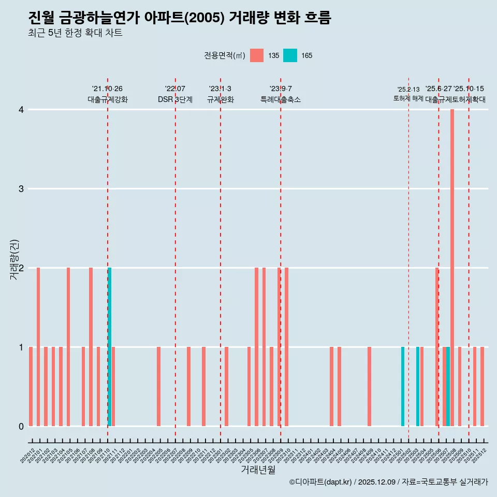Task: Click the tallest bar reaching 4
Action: point(452,268)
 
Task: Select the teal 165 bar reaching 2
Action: point(110,347)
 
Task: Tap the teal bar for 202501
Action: point(403,386)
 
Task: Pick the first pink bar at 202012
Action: point(31,386)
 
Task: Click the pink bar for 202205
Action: point(158,386)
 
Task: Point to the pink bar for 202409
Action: point(369,386)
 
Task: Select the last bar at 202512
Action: point(482,386)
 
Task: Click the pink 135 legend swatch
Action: point(257,55)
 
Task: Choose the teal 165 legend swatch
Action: point(290,55)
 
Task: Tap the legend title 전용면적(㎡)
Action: point(224,55)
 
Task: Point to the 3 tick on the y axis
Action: point(21,188)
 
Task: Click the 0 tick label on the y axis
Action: point(21,426)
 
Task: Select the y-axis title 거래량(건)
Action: point(14,259)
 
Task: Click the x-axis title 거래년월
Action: point(258,470)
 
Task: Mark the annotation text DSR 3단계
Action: point(175,99)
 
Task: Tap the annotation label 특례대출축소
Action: point(280,99)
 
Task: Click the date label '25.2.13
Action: point(408,90)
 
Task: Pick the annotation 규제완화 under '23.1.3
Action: point(221,99)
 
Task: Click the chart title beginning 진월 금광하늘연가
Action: point(180,18)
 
